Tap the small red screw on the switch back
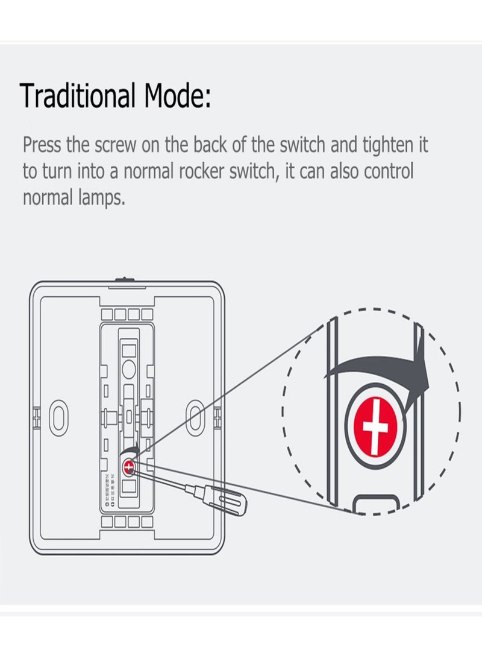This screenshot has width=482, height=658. tap(129, 465)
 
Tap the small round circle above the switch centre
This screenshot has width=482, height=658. tap(128, 367)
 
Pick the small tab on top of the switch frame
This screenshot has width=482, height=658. tap(125, 279)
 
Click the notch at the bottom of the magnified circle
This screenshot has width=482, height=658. tap(375, 503)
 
